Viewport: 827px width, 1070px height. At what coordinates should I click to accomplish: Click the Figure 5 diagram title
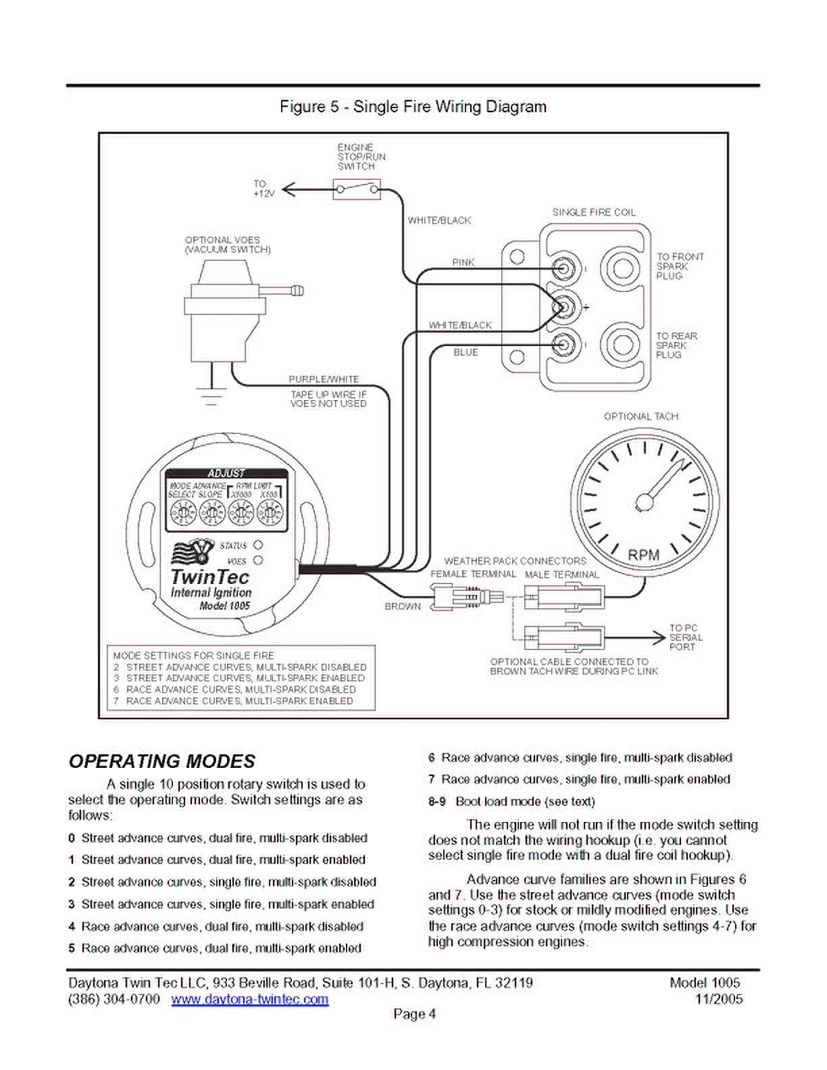[413, 107]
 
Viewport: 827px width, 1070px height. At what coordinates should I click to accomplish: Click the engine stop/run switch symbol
[357, 189]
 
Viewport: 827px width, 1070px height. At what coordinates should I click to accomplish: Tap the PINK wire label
[463, 262]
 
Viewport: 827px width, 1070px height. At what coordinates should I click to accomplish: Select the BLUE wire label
[466, 352]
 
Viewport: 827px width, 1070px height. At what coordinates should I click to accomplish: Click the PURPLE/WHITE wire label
[324, 379]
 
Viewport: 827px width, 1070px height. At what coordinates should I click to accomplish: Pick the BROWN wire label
[402, 606]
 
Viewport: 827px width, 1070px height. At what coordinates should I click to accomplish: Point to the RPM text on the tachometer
[643, 555]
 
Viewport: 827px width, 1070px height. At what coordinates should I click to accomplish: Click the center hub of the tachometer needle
[644, 501]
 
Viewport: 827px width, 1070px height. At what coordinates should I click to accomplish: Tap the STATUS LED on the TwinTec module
[257, 545]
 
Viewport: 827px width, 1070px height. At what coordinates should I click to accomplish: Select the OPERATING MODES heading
[162, 761]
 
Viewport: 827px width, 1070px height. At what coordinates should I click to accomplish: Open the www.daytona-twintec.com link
[250, 999]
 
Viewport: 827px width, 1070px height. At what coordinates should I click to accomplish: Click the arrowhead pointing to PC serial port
[658, 637]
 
